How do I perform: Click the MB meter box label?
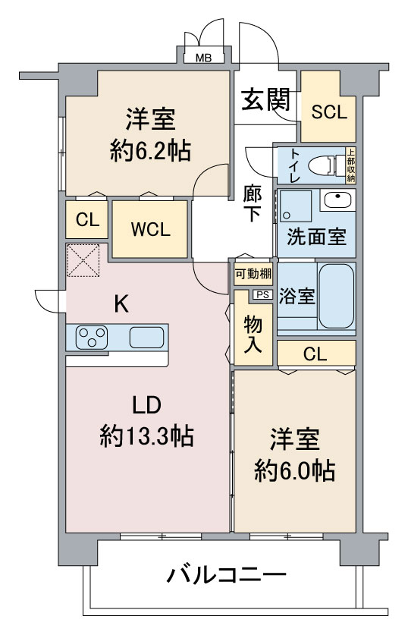203,58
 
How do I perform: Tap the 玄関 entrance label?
266,100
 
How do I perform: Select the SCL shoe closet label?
329,112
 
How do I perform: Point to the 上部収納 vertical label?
351,165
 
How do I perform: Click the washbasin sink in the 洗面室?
337,200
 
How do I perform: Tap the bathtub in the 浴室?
337,297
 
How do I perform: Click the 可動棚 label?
253,274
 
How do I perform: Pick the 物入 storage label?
253,334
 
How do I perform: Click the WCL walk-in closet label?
150,230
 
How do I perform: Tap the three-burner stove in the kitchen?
93,337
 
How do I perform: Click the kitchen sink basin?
146,337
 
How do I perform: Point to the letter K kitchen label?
121,304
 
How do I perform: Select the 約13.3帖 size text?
146,435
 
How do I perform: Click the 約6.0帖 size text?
295,470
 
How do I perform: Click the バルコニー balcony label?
227,575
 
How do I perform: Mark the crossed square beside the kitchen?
83,260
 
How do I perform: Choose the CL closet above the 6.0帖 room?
315,354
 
